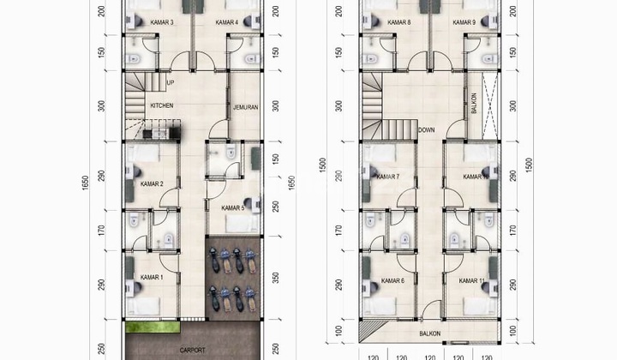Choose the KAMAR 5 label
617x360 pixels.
pos(232,207)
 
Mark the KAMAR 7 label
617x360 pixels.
pos(387,177)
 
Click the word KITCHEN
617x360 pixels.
pos(162,105)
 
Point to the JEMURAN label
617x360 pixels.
pos(245,107)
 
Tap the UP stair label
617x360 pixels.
pos(171,83)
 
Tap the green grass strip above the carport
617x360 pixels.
pos(155,328)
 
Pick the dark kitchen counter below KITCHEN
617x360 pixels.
pos(160,133)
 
